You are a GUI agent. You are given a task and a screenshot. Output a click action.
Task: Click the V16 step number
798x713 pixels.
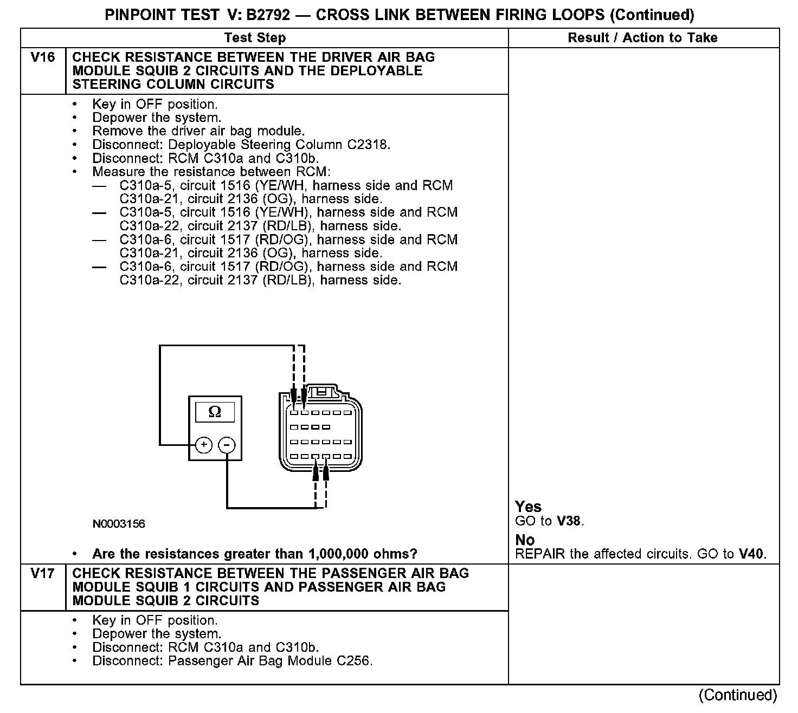point(43,57)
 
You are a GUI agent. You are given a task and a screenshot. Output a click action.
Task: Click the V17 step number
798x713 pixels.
point(43,574)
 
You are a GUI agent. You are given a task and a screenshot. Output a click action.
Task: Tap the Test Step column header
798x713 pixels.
point(255,37)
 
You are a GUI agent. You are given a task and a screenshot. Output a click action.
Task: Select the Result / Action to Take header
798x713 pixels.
point(642,37)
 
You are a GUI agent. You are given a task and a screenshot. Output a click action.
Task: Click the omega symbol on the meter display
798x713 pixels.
point(215,412)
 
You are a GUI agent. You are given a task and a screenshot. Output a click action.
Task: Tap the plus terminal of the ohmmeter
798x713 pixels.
point(204,445)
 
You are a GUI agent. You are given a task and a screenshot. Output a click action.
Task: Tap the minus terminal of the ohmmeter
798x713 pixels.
point(227,445)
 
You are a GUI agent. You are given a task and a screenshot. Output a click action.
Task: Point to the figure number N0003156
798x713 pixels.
point(119,524)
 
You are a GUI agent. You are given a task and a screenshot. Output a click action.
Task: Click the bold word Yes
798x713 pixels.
point(528,507)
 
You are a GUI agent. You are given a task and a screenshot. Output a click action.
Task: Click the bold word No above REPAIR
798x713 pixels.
point(525,540)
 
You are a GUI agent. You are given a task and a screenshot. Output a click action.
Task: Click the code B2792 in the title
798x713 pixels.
point(267,15)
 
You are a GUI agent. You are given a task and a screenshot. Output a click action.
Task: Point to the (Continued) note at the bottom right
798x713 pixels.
point(738,695)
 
